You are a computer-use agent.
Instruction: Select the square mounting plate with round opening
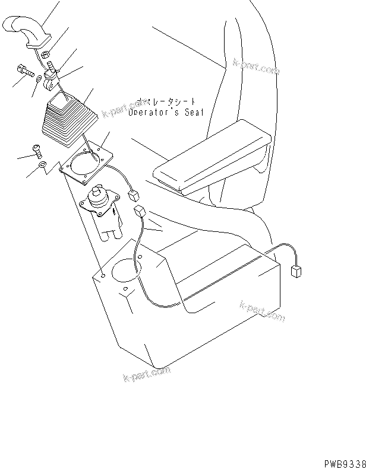click(x=87, y=161)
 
